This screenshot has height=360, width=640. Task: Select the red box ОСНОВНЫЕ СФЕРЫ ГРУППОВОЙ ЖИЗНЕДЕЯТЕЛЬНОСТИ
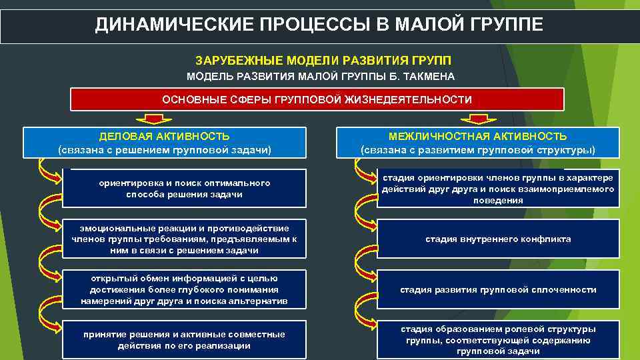click(317, 100)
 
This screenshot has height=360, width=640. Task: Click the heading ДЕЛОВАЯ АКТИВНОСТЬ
click(165, 136)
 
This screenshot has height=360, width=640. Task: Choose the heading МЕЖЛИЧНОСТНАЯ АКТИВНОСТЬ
click(478, 136)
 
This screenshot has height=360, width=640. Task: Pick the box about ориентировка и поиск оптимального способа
click(185, 189)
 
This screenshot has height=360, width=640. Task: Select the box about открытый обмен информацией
click(185, 289)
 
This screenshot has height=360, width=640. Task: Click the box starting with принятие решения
click(185, 340)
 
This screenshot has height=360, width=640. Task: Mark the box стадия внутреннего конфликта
click(498, 239)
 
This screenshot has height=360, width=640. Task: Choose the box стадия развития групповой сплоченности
click(498, 289)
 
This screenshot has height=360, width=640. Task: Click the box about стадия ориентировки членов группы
click(498, 189)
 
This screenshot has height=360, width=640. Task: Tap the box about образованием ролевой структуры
click(498, 340)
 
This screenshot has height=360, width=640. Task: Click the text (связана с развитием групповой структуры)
click(478, 150)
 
